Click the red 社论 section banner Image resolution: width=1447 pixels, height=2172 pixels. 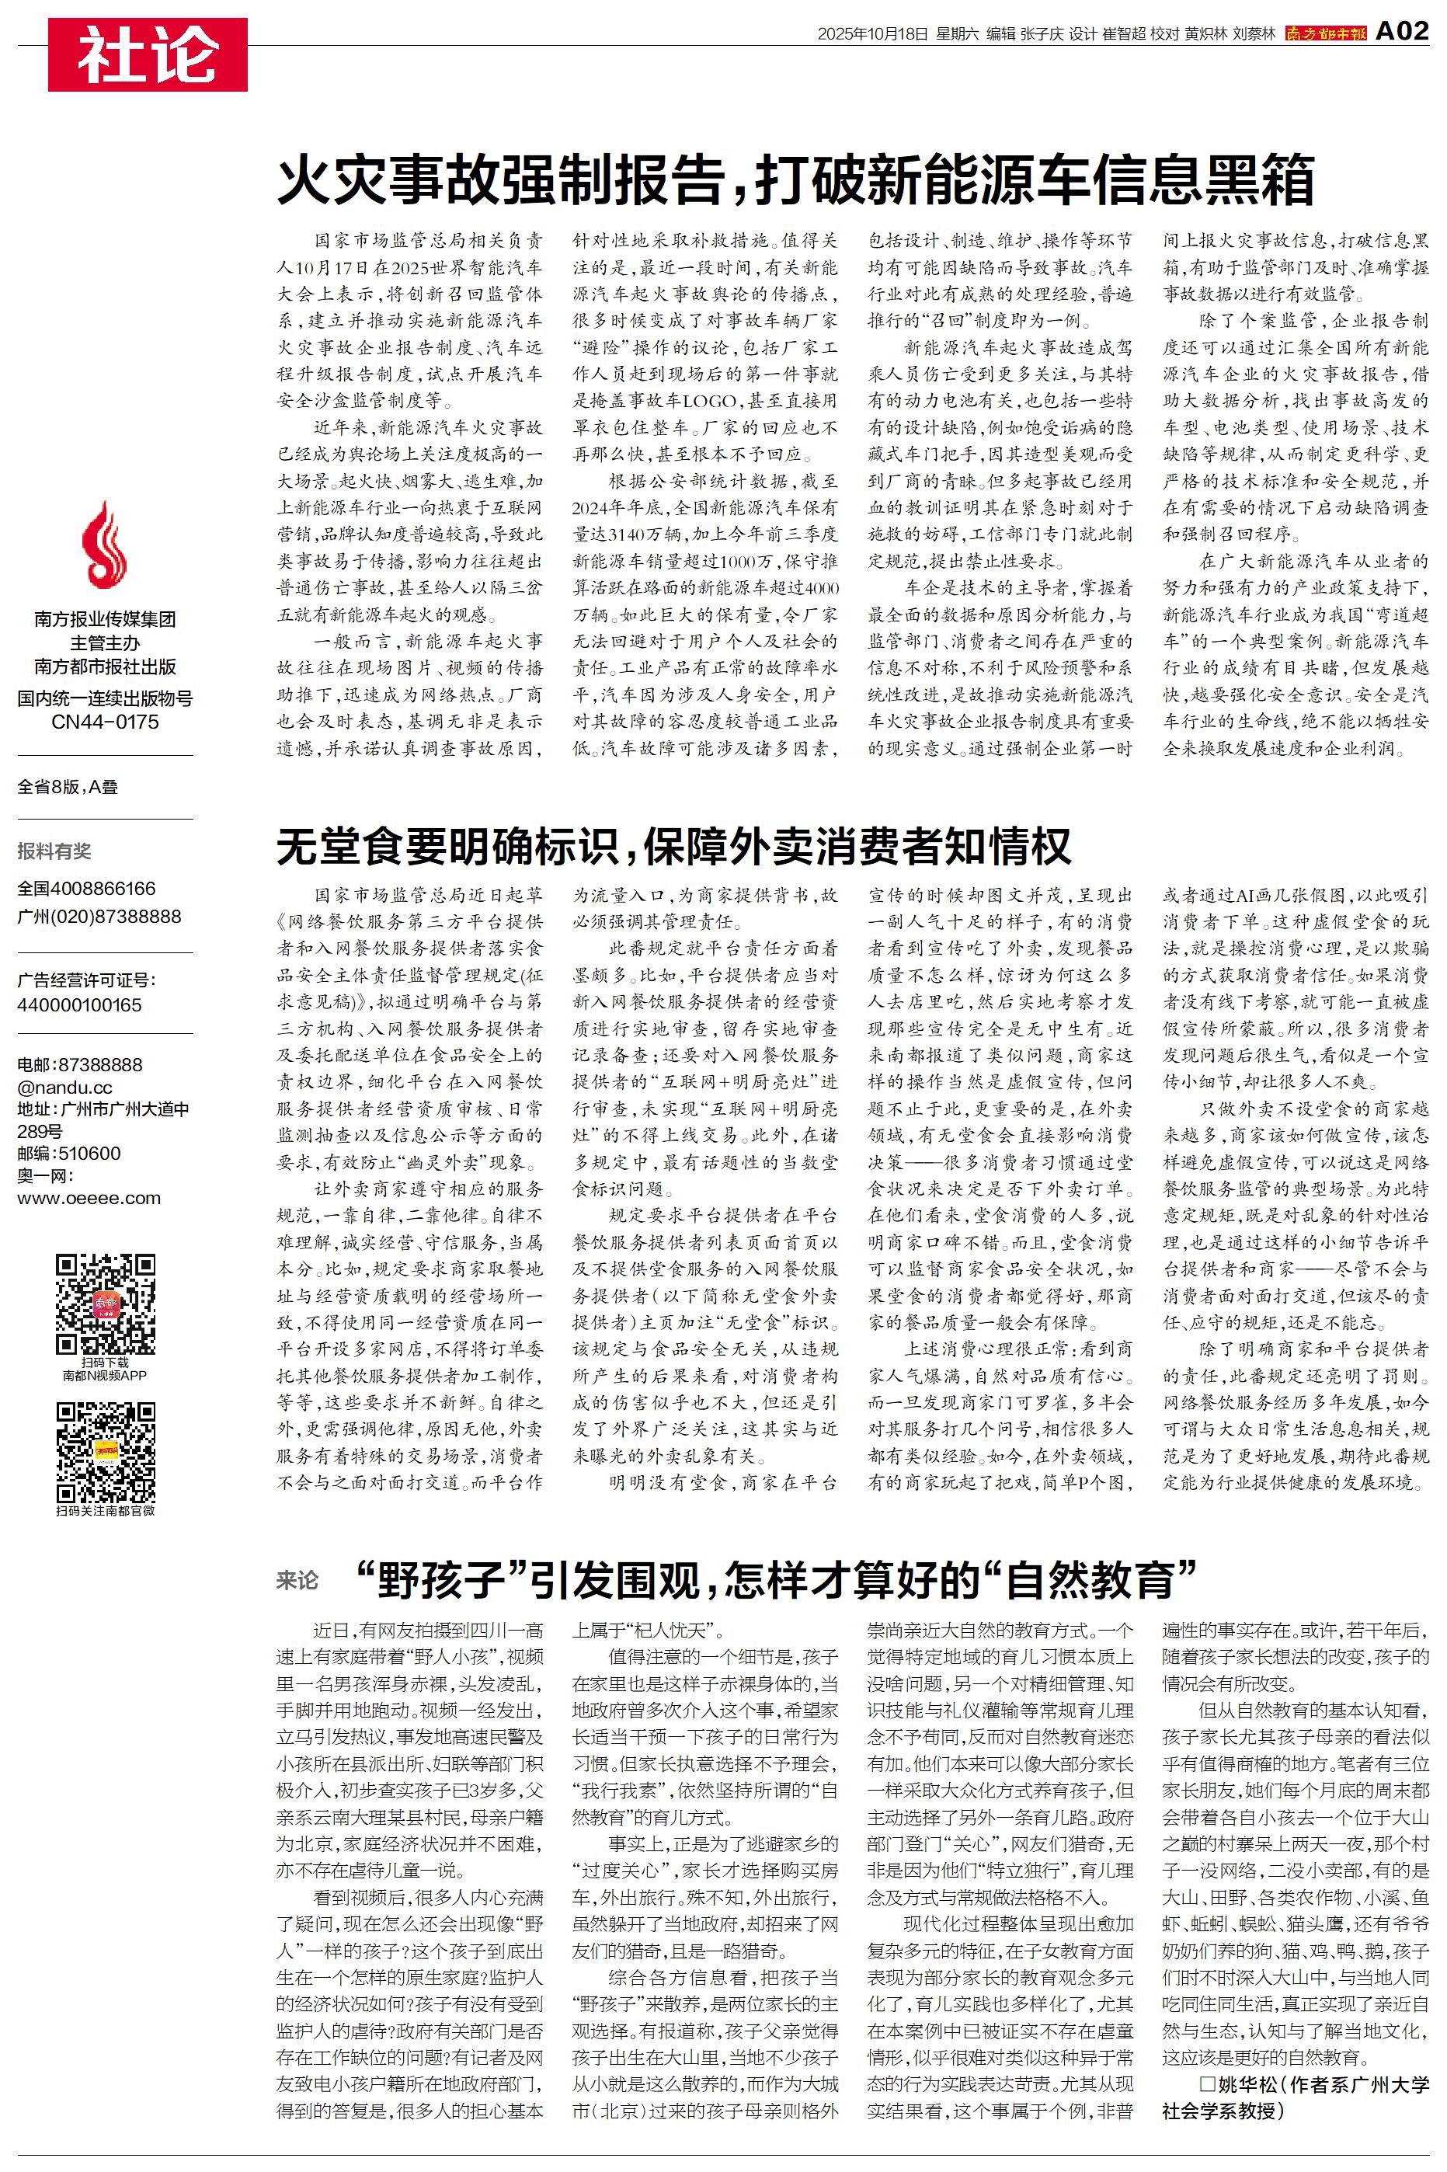click(x=148, y=54)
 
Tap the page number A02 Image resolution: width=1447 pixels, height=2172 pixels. click(x=1402, y=33)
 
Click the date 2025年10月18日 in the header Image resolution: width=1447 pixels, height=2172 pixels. click(x=872, y=34)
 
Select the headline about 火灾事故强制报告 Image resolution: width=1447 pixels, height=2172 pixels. click(x=795, y=180)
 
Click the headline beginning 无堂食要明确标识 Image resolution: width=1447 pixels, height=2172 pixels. click(x=673, y=845)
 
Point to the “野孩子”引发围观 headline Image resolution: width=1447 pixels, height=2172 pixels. click(x=775, y=1579)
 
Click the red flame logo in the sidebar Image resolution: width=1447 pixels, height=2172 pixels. click(x=104, y=550)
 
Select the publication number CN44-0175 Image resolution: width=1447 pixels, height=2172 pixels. click(x=105, y=722)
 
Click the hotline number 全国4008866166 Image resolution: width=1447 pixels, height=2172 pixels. click(x=87, y=889)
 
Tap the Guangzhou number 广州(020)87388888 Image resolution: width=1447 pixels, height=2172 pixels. click(x=99, y=916)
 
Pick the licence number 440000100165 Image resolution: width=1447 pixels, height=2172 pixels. click(x=79, y=1004)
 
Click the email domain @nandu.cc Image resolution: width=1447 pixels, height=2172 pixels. click(x=64, y=1087)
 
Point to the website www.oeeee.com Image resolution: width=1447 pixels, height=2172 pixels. click(x=89, y=1198)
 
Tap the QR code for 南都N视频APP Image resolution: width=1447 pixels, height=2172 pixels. click(x=105, y=1303)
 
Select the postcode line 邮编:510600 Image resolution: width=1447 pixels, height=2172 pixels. click(x=69, y=1154)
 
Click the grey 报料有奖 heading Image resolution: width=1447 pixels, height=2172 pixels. click(x=54, y=851)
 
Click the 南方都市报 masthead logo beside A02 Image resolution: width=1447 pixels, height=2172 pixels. click(x=1326, y=34)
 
